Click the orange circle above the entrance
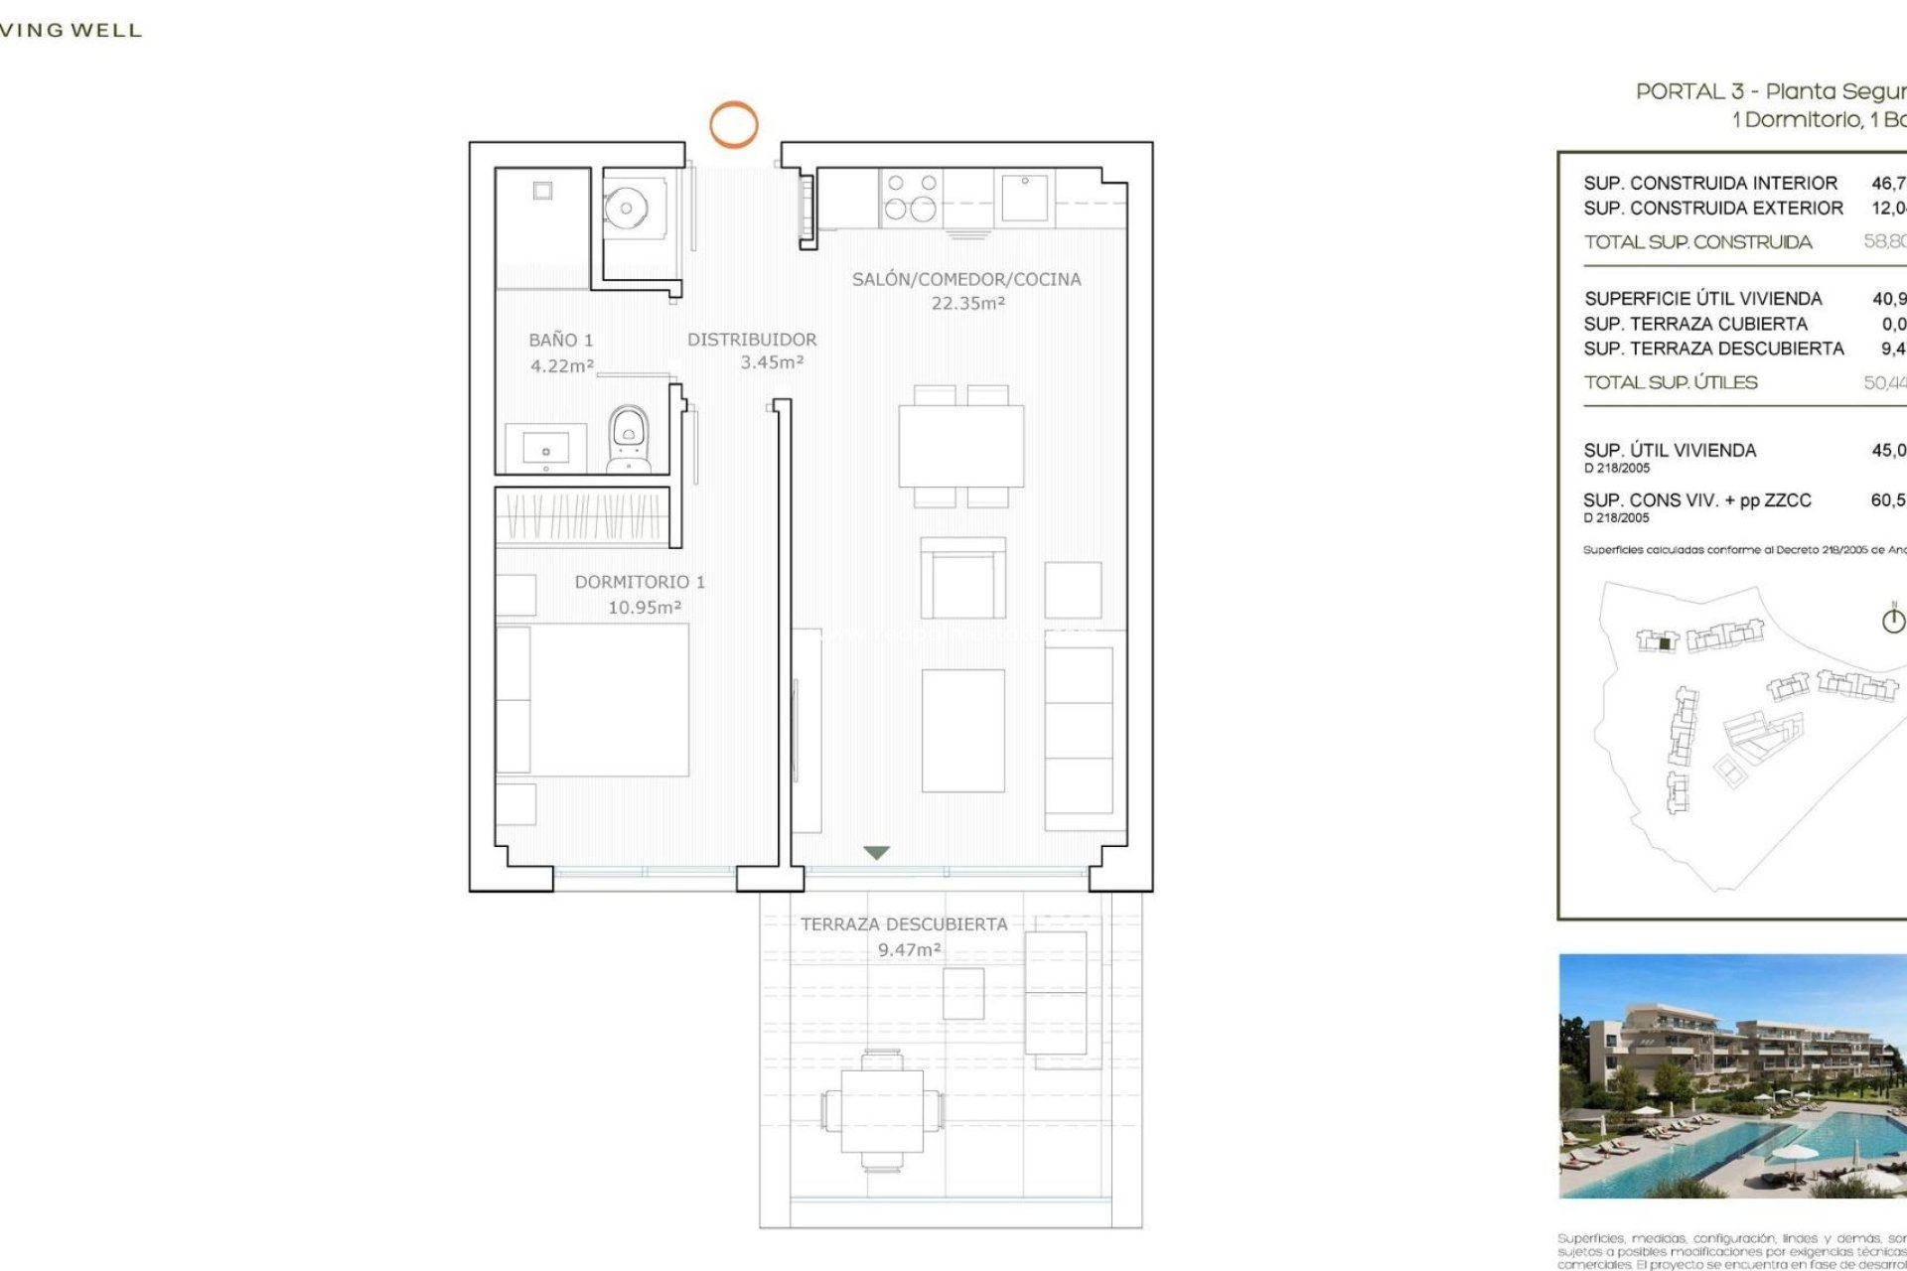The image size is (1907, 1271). tap(733, 125)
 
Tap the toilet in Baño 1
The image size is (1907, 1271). tap(629, 438)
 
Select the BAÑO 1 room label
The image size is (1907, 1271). tap(561, 353)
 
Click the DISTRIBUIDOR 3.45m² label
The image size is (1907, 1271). tap(752, 351)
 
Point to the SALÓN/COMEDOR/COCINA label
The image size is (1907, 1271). tap(966, 290)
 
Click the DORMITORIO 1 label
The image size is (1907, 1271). tap(640, 594)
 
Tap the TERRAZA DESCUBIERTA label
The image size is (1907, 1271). tap(904, 935)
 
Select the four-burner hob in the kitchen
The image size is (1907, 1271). tap(911, 197)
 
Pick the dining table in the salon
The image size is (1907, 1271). tap(960, 446)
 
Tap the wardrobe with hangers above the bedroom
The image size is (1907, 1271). tap(582, 516)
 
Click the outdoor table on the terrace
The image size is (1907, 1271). tap(882, 1110)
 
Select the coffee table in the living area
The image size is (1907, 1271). tap(962, 730)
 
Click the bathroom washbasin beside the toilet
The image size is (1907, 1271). tap(545, 447)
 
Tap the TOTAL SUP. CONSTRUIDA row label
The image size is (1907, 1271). tap(1697, 242)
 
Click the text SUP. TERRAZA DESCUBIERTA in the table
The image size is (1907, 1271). tap(1713, 349)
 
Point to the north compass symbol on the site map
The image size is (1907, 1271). tap(1893, 620)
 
